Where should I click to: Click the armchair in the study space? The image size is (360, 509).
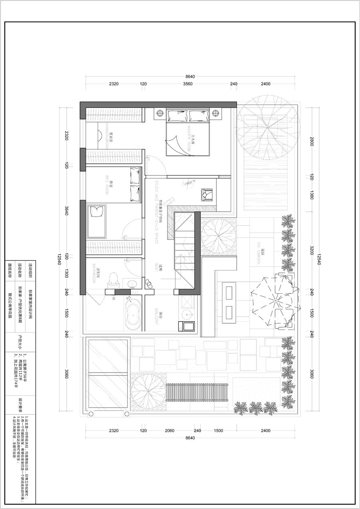(207, 195)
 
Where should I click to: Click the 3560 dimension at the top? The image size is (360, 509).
(188, 84)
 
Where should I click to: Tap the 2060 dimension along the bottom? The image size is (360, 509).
(170, 431)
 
